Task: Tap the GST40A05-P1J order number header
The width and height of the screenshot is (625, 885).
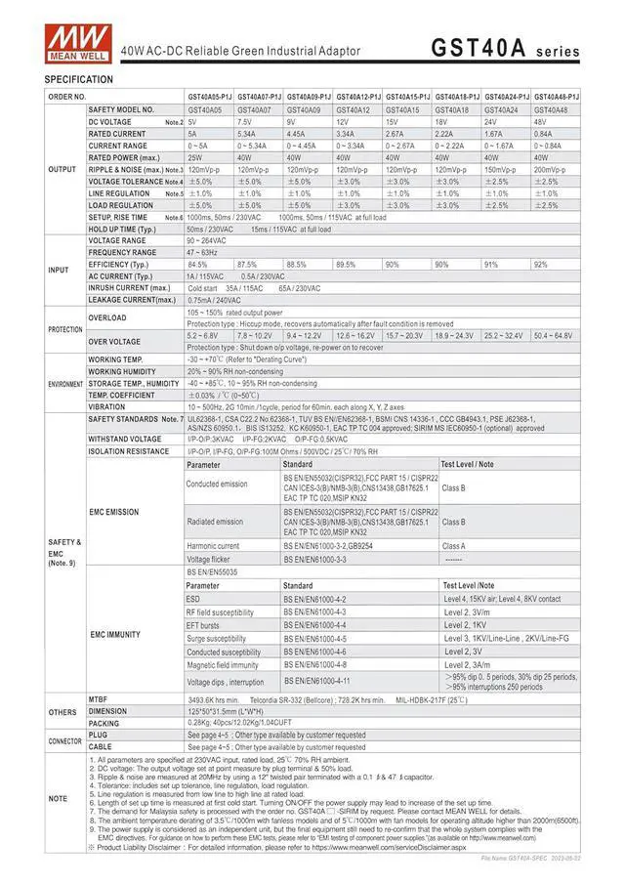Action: pos(209,98)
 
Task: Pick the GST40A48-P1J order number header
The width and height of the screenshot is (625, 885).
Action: pos(557,98)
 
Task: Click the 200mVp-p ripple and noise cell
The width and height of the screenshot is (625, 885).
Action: pos(550,169)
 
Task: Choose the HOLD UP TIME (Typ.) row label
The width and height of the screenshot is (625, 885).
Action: pos(122,229)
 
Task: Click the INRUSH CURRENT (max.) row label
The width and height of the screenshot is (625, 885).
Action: pos(129,288)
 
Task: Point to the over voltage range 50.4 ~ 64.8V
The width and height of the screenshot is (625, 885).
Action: pos(554,335)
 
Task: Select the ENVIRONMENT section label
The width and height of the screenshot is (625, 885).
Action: pos(64,383)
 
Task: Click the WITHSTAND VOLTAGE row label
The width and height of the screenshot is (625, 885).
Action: pos(125,440)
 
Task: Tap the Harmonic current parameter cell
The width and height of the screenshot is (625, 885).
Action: pos(213,546)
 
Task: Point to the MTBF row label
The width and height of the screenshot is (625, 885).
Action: pos(99,699)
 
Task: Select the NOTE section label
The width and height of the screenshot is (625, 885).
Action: pos(60,798)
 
